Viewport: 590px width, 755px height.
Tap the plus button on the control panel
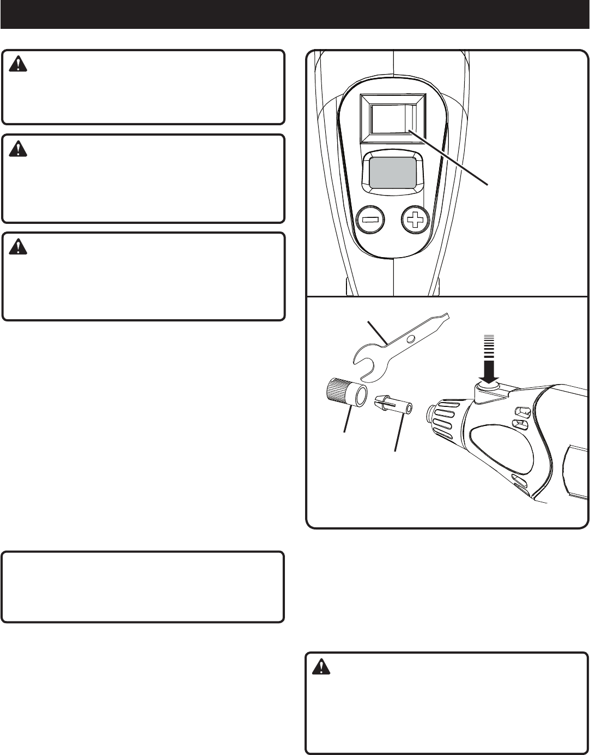coord(415,222)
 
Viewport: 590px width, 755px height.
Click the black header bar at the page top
coord(295,14)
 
